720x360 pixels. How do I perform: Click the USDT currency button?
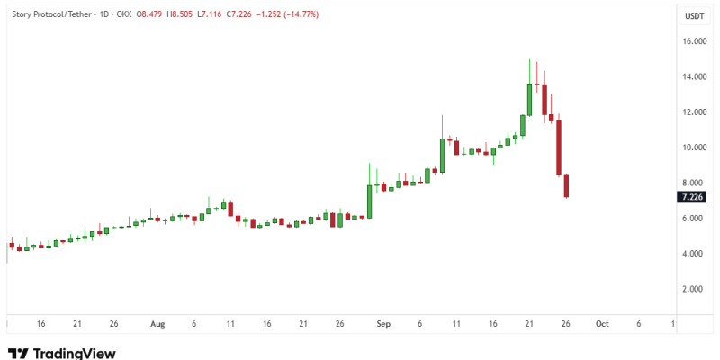pyautogui.click(x=694, y=16)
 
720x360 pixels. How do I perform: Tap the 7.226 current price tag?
pyautogui.click(x=693, y=196)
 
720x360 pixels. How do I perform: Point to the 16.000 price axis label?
pyautogui.click(x=693, y=41)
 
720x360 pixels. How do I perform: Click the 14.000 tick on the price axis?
pyautogui.click(x=693, y=77)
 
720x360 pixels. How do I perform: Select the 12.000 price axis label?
pyautogui.click(x=693, y=112)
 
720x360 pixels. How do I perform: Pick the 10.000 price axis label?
pyautogui.click(x=693, y=148)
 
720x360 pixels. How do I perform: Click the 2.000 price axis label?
pyautogui.click(x=693, y=289)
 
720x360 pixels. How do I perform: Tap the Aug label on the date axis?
pyautogui.click(x=158, y=323)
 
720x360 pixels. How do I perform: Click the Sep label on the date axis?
pyautogui.click(x=382, y=323)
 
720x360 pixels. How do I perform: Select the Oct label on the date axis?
pyautogui.click(x=602, y=323)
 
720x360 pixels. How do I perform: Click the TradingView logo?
pyautogui.click(x=61, y=353)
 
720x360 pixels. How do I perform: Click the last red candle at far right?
pyautogui.click(x=567, y=185)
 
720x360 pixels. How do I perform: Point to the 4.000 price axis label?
pyautogui.click(x=693, y=254)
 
